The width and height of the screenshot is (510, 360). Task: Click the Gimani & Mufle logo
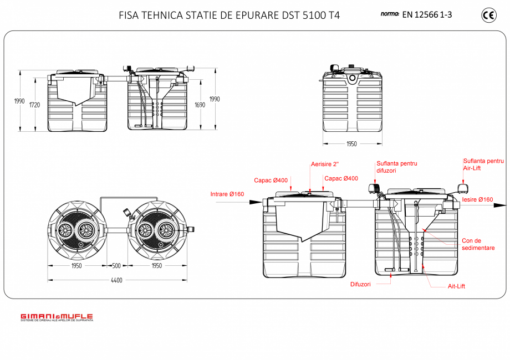pos(57,317)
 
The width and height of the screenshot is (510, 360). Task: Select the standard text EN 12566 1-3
pos(427,15)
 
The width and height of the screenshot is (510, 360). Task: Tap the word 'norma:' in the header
pos(390,14)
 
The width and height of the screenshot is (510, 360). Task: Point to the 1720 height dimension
pos(34,105)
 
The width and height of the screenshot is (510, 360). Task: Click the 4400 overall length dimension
pos(117,280)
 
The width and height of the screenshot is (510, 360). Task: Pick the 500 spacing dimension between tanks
pos(117,266)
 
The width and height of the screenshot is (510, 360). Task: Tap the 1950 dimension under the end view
pos(352,144)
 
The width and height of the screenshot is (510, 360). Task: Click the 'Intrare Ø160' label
pos(227,194)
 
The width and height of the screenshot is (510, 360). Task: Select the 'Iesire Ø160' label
pos(477,199)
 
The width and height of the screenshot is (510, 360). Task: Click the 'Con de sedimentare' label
pos(478,244)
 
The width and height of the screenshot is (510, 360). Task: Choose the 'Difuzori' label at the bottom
pos(360,284)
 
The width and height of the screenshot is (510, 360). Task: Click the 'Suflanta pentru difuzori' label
pos(396,167)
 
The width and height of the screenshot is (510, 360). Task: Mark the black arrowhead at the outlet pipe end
pos(500,205)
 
